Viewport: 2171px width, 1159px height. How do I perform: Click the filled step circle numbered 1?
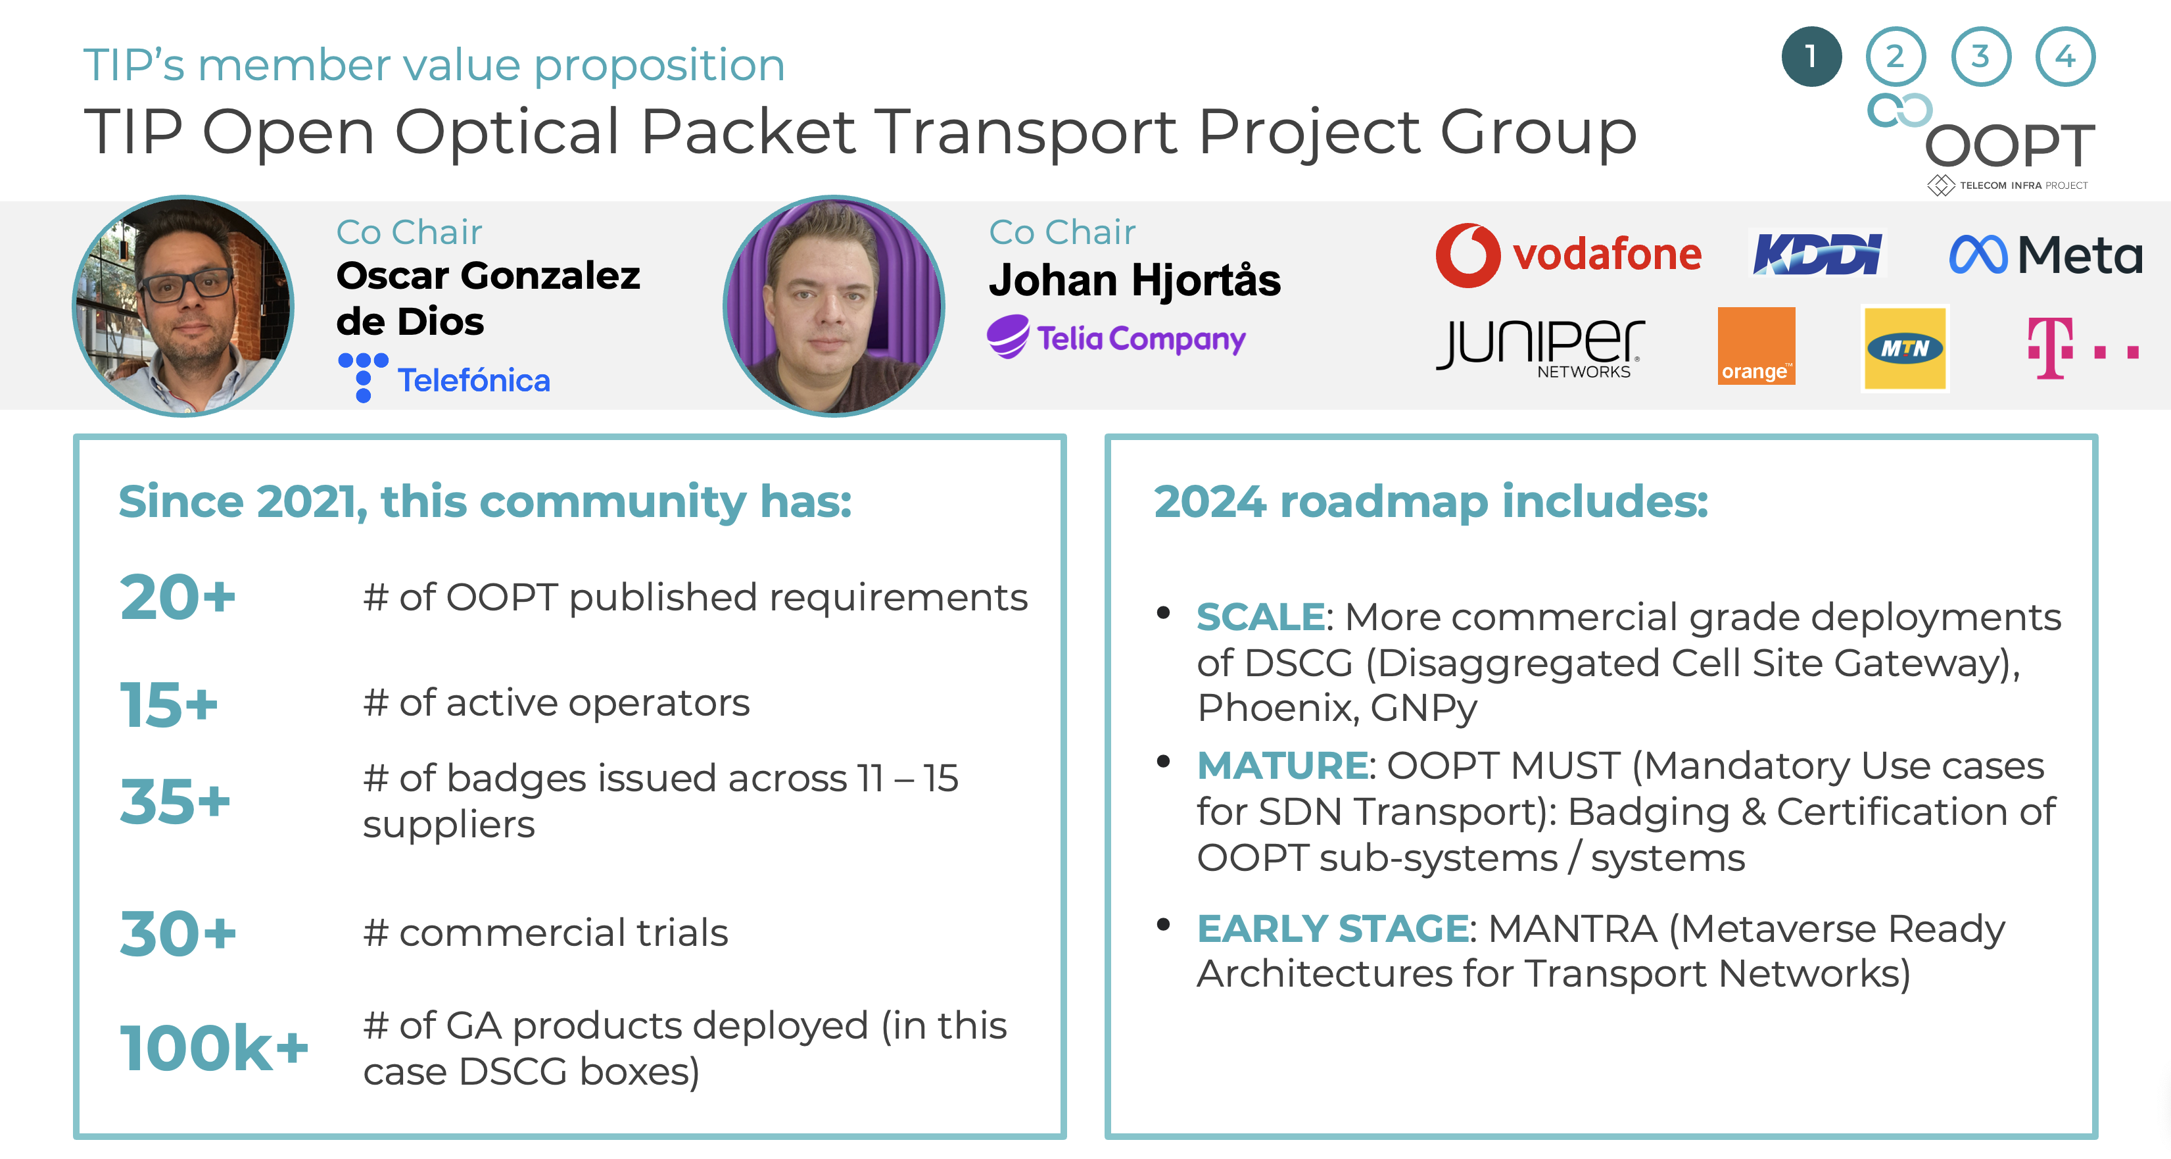(1811, 57)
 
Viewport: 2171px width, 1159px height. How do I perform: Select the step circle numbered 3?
(1980, 57)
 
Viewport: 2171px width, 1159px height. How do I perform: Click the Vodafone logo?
(1568, 255)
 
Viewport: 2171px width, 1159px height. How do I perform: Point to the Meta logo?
(2045, 254)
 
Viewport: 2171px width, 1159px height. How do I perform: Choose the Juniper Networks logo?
(1540, 348)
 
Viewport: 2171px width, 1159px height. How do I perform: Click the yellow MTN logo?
(1905, 348)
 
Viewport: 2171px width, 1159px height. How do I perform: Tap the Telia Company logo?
(1116, 337)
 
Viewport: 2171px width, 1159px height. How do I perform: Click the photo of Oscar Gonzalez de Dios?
(183, 306)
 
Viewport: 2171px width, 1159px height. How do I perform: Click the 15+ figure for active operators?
(168, 704)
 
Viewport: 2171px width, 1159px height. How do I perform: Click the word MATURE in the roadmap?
(1282, 766)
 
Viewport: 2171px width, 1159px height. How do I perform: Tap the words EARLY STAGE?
(1333, 929)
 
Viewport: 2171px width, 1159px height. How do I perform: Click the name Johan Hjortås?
(1134, 281)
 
